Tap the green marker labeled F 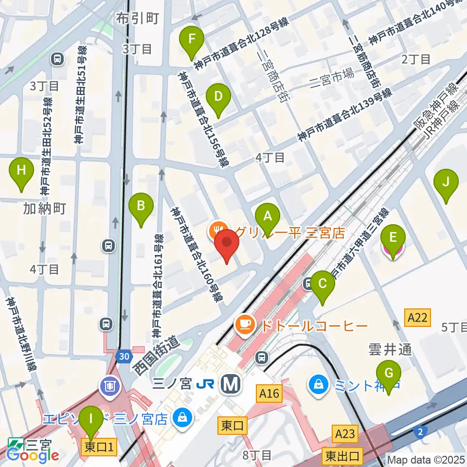coord(192,41)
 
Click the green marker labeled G coord(389,376)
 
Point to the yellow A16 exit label coord(269,393)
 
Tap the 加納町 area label coord(44,209)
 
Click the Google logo coord(33,455)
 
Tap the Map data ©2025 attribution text coord(426,459)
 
